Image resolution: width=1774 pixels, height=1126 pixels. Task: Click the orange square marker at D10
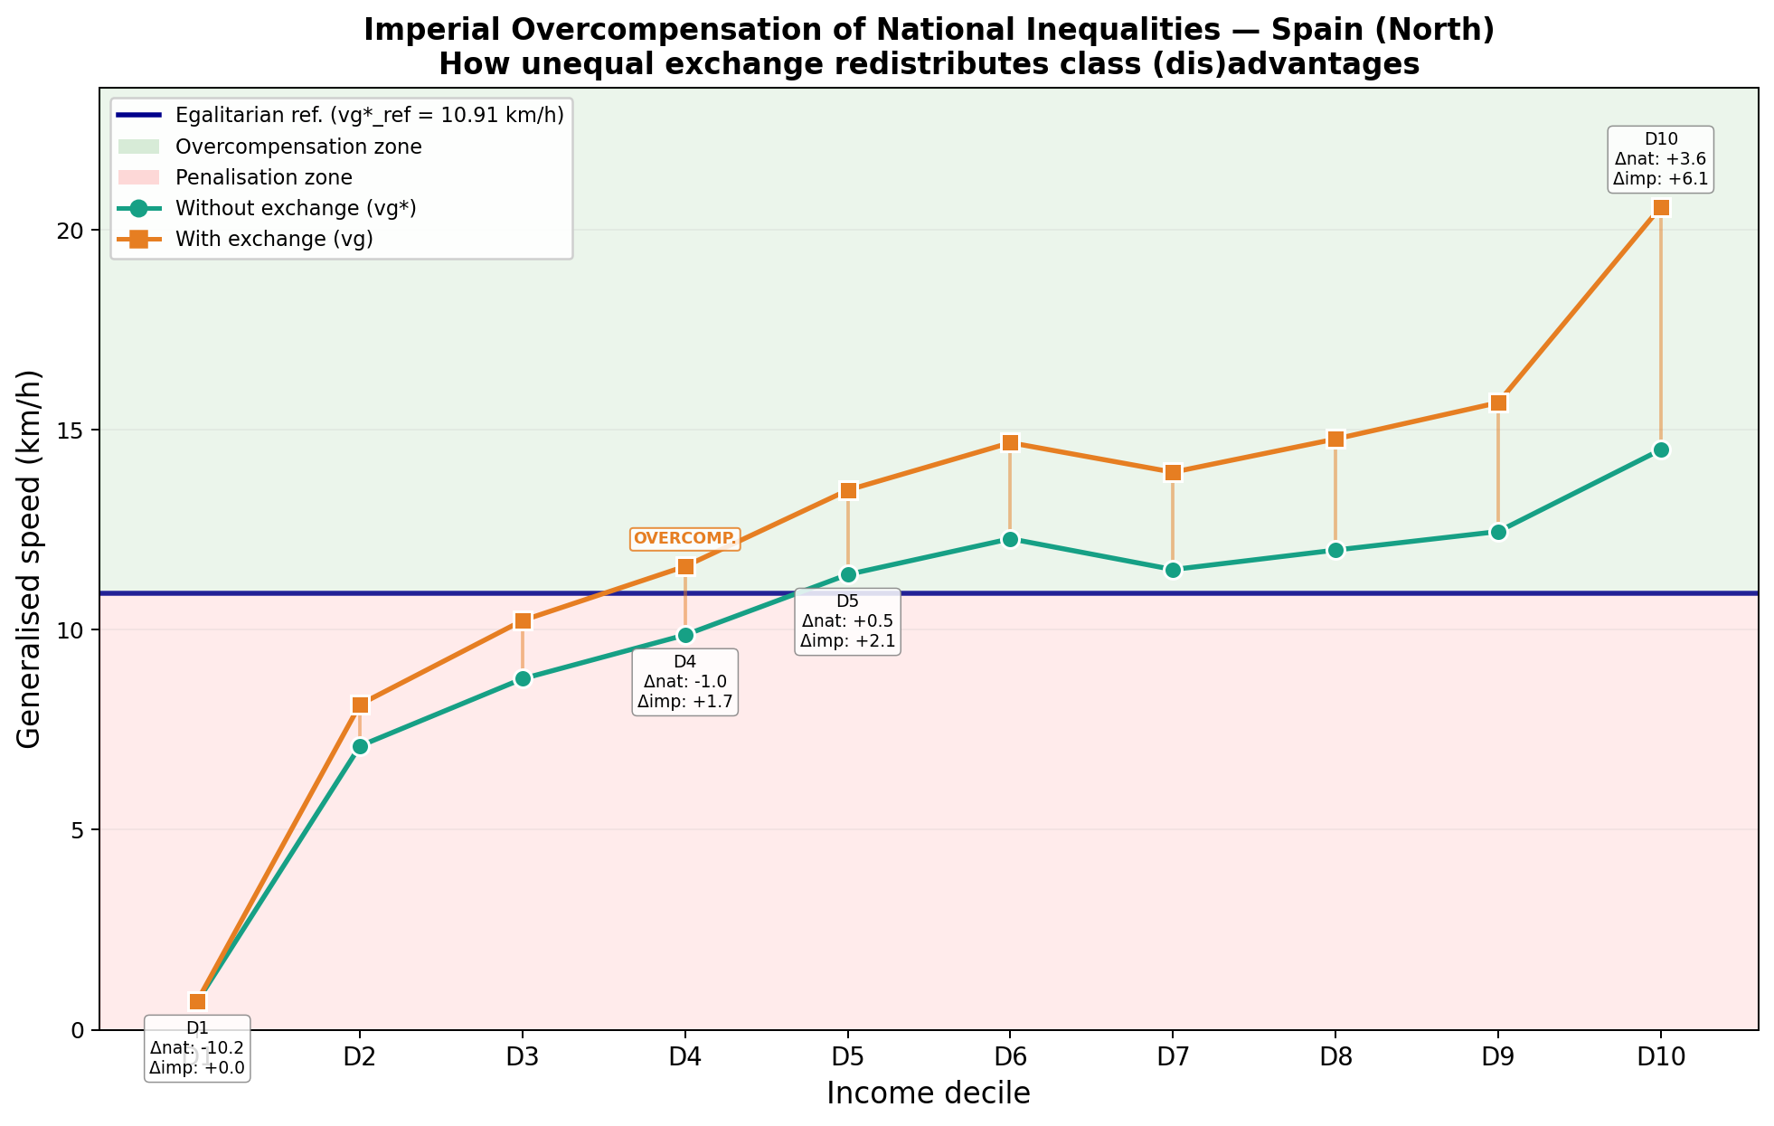(1660, 208)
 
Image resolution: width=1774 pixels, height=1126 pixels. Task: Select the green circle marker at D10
(1660, 449)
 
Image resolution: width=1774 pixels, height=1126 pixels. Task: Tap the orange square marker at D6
(1010, 442)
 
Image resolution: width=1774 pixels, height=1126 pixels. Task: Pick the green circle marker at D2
(360, 746)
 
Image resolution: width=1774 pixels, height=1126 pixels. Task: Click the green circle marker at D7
(1173, 570)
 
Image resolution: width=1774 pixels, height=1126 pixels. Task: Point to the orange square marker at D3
(523, 620)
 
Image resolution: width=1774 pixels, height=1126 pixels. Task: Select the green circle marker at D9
(1498, 532)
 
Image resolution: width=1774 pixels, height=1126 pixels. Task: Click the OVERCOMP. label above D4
(684, 539)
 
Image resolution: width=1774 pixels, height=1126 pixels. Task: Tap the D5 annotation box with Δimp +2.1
(847, 621)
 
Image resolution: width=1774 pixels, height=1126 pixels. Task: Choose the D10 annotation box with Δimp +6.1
(1661, 159)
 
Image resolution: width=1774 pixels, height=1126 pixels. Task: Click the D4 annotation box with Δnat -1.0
(684, 682)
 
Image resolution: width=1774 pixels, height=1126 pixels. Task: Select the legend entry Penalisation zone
(263, 177)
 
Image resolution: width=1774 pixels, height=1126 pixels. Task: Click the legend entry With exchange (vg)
(274, 240)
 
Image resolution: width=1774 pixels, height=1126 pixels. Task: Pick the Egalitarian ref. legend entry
(369, 116)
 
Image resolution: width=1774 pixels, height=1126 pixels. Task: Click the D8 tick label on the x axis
(1335, 1056)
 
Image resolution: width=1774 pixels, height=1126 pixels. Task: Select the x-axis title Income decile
(929, 1093)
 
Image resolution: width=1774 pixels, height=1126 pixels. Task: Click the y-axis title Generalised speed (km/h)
(30, 559)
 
